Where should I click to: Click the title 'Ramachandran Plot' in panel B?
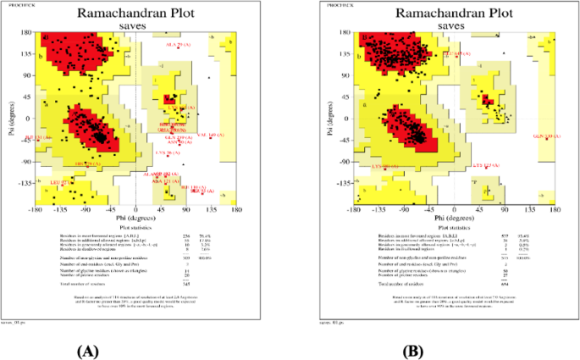[453, 14]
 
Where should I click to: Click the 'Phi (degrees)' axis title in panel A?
[135, 219]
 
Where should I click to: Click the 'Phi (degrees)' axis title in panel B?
[454, 219]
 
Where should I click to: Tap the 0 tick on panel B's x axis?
[454, 209]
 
